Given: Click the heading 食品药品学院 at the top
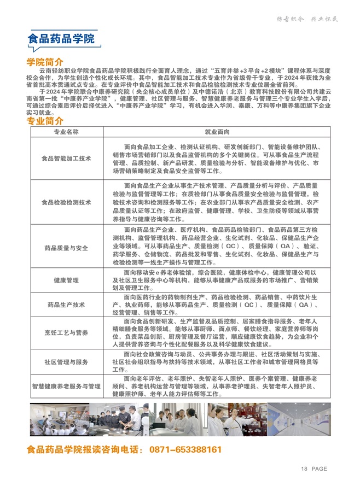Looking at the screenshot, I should pyautogui.click(x=61, y=39).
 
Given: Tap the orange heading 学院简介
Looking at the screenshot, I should pyautogui.click(x=45, y=62).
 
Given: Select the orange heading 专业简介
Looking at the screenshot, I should pyautogui.click(x=45, y=121).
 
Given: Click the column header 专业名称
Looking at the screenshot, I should pyautogui.click(x=66, y=132).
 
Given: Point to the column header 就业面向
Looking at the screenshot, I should pyautogui.click(x=217, y=132).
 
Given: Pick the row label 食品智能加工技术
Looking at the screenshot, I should pyautogui.click(x=66, y=159).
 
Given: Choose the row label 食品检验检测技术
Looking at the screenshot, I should pyautogui.click(x=66, y=202).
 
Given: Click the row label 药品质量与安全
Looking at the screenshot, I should pyautogui.click(x=66, y=248).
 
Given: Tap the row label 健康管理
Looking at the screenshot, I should pyautogui.click(x=66, y=280).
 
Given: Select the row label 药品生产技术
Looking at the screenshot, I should pyautogui.click(x=66, y=304).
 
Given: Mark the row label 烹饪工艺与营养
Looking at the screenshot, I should pyautogui.click(x=66, y=332).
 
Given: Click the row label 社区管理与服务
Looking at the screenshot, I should pyautogui.click(x=66, y=362).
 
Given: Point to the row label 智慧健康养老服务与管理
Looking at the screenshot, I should pyautogui.click(x=66, y=386).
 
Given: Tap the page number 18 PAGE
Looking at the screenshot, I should pyautogui.click(x=314, y=468).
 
